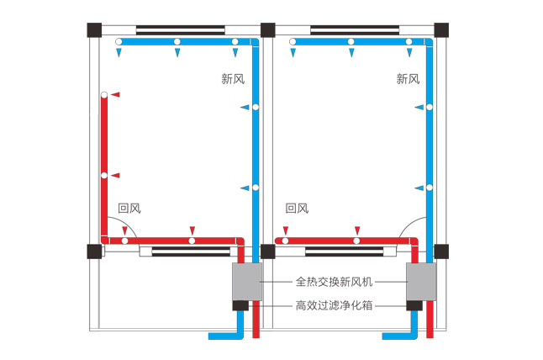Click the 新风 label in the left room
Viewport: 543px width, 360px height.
[x=233, y=79]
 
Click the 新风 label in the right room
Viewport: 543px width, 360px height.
[x=408, y=79]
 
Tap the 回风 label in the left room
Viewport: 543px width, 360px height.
[x=128, y=207]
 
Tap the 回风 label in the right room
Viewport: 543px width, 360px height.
[x=298, y=207]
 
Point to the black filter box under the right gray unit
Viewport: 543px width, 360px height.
[x=414, y=304]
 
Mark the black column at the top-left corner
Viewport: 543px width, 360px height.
[x=92, y=29]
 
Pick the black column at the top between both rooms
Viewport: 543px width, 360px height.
[x=267, y=29]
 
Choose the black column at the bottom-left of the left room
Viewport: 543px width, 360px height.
[x=92, y=251]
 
